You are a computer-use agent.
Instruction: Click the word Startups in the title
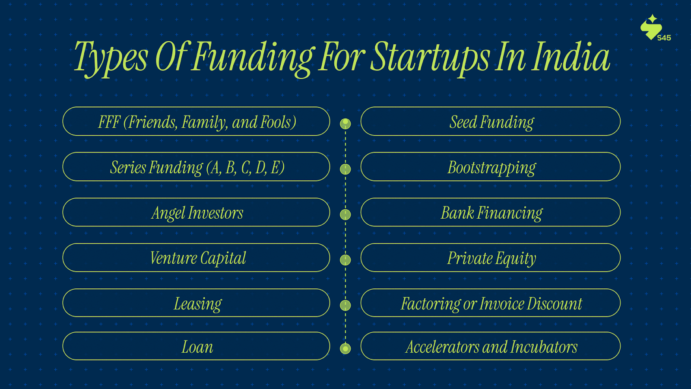[x=430, y=59]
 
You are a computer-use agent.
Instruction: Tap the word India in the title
[x=571, y=57]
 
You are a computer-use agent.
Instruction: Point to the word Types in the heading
[x=111, y=59]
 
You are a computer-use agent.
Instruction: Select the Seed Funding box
[x=491, y=121]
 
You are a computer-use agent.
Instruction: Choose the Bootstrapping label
[x=491, y=168]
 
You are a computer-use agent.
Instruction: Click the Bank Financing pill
[x=491, y=212]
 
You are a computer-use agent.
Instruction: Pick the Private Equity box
[x=491, y=258]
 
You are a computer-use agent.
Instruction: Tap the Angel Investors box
[x=196, y=212]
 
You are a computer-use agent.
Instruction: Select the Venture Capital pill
[x=196, y=258]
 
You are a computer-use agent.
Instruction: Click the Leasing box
[x=196, y=303]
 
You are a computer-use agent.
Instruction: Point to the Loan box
[x=196, y=346]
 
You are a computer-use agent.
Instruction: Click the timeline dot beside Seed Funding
[x=345, y=124]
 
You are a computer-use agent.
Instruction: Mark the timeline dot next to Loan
[x=345, y=348]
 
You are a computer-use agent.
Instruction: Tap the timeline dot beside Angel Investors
[x=345, y=214]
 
